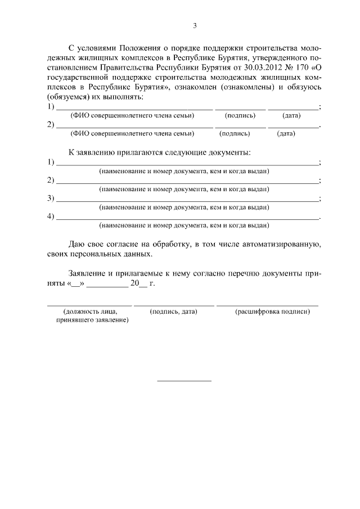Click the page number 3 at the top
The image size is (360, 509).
[x=195, y=25]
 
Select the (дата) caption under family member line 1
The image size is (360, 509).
[x=291, y=115]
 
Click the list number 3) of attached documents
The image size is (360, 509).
[x=51, y=198]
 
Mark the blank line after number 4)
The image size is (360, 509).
[x=186, y=218]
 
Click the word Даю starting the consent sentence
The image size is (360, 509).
[x=77, y=245]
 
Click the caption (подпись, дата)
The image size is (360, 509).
[x=174, y=311]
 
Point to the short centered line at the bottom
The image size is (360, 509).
[x=184, y=381]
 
